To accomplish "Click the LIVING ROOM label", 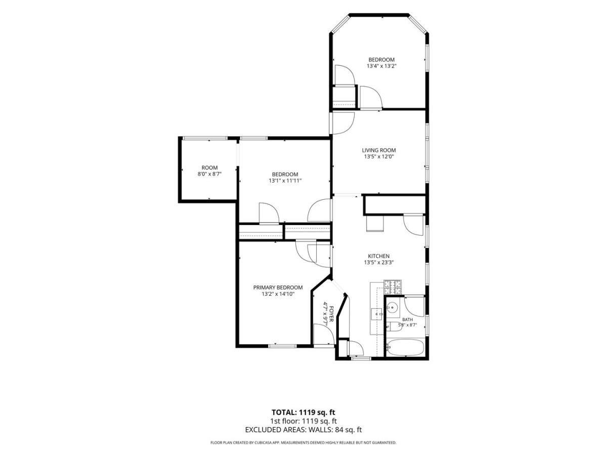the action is (x=378, y=150).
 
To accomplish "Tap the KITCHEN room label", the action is (x=378, y=256).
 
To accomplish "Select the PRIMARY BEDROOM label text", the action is (x=278, y=287).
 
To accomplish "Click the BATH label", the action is (x=408, y=320).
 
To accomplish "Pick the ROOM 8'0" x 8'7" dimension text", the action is (x=209, y=174).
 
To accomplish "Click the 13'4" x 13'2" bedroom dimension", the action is (x=381, y=66).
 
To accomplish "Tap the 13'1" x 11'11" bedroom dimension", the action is (x=285, y=180).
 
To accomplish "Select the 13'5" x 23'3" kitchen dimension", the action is (x=378, y=262).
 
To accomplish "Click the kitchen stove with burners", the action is (x=393, y=287).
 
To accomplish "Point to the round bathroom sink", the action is (x=392, y=307).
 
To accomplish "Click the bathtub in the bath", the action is (x=405, y=347).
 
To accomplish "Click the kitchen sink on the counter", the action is (x=376, y=314).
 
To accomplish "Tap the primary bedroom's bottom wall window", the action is (x=282, y=346).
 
